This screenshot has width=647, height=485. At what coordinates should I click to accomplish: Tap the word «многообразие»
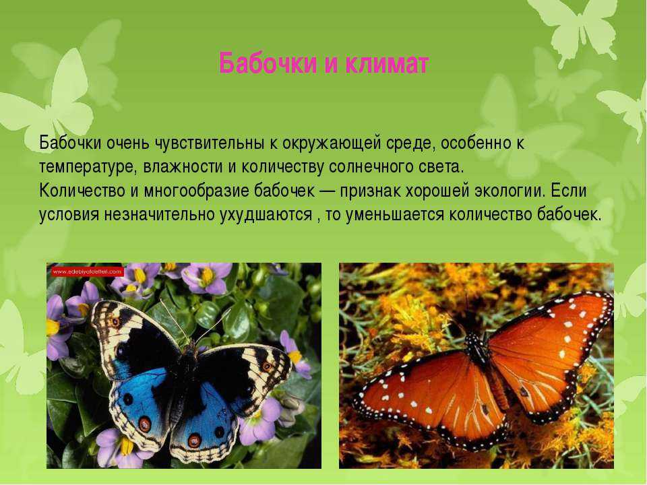tap(196, 191)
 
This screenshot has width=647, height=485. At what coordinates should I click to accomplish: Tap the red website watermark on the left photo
tap(88, 271)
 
